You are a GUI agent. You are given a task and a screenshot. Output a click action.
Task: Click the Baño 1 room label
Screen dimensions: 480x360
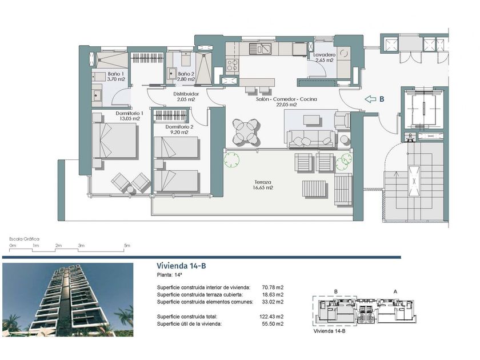point(116,77)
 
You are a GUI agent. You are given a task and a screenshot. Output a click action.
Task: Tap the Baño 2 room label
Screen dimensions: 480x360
point(186,77)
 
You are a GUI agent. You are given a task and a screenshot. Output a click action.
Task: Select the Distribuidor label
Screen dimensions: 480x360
point(186,97)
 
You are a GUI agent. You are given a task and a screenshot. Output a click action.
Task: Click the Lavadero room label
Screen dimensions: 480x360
point(325,58)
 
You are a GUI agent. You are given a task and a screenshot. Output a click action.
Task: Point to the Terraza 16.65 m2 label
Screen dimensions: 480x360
point(263,185)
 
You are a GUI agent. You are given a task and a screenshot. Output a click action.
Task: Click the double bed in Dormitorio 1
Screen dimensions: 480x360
point(114,141)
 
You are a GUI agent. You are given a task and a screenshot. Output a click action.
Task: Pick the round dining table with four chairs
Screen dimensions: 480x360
point(246,132)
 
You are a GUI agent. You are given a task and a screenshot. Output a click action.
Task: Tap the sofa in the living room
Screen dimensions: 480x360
point(311,138)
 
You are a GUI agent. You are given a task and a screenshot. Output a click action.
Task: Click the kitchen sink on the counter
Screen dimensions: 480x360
point(260,49)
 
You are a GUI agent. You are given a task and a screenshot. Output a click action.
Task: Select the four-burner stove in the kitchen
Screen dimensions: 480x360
point(233,66)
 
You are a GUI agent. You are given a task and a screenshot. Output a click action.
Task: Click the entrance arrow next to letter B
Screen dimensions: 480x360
point(370,99)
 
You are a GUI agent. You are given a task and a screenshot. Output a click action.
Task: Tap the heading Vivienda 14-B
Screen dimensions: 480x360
point(181,266)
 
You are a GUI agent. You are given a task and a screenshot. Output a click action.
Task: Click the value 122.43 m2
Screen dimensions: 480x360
point(271,317)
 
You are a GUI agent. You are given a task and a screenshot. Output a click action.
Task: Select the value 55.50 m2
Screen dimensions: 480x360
point(273,324)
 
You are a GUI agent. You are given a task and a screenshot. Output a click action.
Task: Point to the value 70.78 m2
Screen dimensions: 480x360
point(273,287)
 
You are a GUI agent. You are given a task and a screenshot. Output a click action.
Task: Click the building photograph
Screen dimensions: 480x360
point(67,299)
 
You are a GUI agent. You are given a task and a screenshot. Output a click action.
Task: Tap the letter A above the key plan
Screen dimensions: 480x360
point(395,292)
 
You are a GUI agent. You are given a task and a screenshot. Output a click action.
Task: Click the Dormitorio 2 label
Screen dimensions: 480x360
point(179,130)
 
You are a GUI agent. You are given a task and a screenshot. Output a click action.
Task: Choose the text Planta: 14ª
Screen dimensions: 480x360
point(170,275)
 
